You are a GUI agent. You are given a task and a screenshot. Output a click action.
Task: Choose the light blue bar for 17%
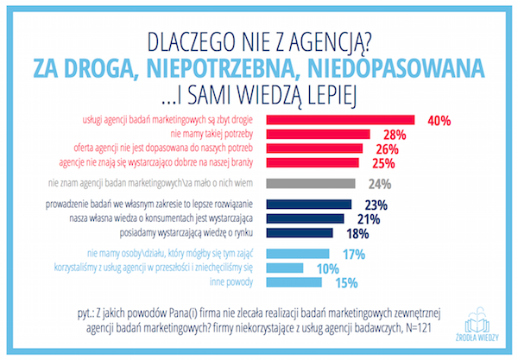pos(299,255)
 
